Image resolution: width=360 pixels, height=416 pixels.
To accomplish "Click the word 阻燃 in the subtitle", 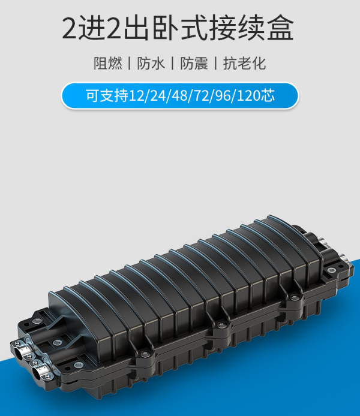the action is coord(108,64).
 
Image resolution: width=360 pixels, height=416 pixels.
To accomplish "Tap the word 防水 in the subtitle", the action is coord(151,64).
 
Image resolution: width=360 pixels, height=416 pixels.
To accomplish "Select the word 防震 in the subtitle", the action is coord(194,64).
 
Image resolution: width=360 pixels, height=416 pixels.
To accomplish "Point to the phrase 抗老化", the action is coord(244,64).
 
